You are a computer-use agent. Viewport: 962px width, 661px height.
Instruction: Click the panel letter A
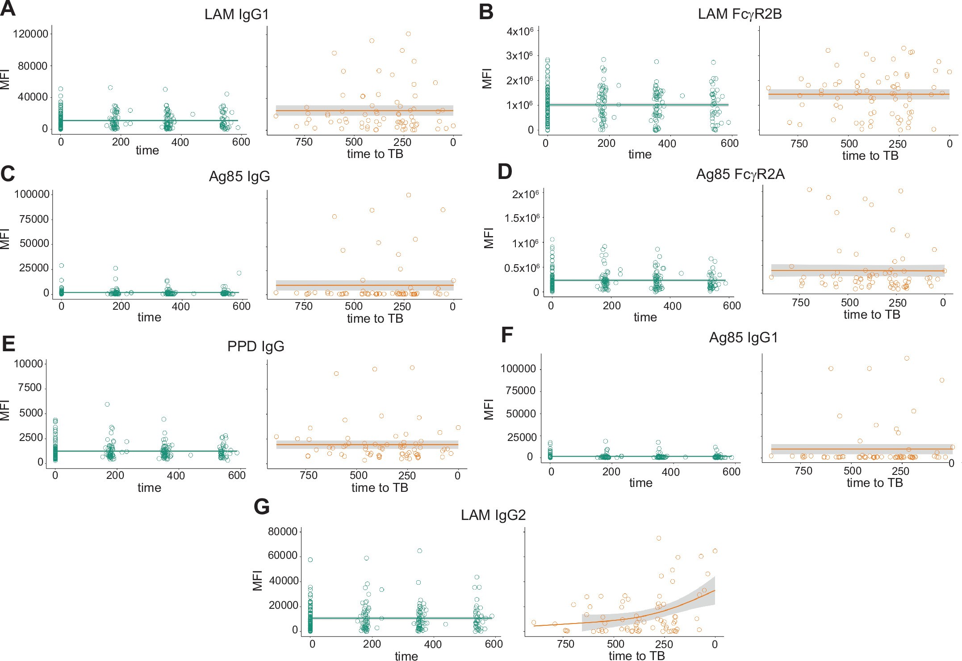point(8,9)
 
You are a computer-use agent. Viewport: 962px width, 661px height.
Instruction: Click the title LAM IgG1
point(237,14)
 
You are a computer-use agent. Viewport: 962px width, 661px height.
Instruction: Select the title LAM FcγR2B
point(740,14)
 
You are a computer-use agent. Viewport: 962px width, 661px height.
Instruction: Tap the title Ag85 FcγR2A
point(740,174)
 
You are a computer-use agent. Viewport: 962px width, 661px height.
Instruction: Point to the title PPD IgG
point(255,346)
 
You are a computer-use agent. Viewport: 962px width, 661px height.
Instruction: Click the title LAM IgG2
point(493,515)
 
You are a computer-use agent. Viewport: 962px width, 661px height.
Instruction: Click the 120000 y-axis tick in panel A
point(30,34)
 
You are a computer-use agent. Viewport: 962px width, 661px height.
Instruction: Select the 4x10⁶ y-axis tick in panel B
point(520,32)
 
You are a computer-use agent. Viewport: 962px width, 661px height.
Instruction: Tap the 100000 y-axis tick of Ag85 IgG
point(32,194)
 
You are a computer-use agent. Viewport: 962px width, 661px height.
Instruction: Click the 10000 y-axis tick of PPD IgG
point(28,364)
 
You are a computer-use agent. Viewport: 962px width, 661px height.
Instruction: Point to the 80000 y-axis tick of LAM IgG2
point(282,532)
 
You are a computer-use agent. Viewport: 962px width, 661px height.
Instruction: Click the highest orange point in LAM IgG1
point(408,34)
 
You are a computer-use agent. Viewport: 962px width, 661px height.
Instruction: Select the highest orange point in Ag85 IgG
point(408,195)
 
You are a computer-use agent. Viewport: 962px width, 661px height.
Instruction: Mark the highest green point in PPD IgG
point(107,404)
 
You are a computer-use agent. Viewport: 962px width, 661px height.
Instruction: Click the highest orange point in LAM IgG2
point(658,538)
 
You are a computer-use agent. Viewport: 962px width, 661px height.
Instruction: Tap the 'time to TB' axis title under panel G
point(636,655)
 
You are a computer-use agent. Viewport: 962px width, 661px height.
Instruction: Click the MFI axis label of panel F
point(489,409)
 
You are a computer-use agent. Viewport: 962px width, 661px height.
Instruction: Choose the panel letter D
point(505,171)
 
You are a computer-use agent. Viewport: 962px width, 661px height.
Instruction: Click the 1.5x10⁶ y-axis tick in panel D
point(522,218)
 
